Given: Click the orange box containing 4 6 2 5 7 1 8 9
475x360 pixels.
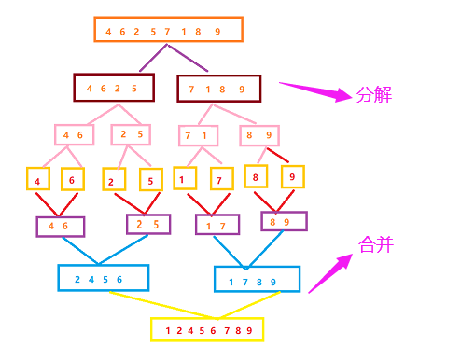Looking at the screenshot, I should [x=168, y=30].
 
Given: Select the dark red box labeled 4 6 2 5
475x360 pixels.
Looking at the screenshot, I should [x=113, y=88].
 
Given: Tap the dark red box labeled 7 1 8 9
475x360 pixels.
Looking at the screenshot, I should [x=218, y=89].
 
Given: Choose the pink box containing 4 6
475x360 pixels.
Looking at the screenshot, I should [x=74, y=134].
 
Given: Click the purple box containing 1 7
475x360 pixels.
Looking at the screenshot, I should [x=217, y=225].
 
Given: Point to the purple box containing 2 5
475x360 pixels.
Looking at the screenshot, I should [x=148, y=224].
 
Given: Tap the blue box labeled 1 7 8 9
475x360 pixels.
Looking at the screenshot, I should [x=257, y=280].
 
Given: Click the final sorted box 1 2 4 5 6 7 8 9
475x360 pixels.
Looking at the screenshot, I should [x=207, y=329].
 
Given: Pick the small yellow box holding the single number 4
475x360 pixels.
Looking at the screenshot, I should [x=37, y=179].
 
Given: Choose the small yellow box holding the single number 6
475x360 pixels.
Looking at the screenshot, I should [x=73, y=179].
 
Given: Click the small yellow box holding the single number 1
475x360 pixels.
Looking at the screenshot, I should [x=185, y=178].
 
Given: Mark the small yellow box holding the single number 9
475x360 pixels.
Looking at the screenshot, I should [x=292, y=176].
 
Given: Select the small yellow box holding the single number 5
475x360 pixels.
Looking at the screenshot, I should [x=149, y=180].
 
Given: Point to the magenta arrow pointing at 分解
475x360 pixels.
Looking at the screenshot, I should [x=317, y=92].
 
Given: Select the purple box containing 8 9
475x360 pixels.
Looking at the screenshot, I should [x=284, y=221].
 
